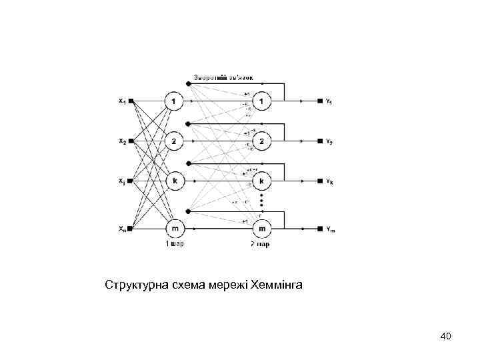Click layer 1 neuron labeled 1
click(174, 101)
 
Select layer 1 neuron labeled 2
click(174, 141)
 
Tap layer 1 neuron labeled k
click(174, 181)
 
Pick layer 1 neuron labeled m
click(174, 229)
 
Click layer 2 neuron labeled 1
click(261, 101)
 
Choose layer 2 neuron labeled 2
click(261, 141)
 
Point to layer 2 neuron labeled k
click(261, 181)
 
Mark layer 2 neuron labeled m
click(261, 229)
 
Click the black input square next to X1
click(131, 101)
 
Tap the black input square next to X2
click(131, 141)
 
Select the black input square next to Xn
click(131, 229)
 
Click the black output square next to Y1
click(320, 101)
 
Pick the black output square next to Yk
click(320, 181)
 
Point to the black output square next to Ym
click(320, 229)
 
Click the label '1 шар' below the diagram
click(175, 244)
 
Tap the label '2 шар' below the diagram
click(261, 244)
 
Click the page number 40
click(446, 336)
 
